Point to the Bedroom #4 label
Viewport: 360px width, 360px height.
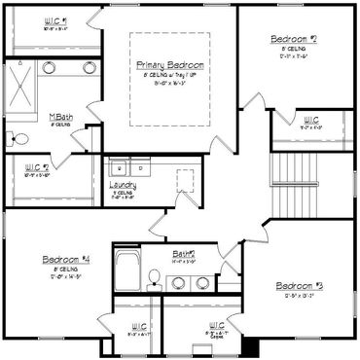[67, 260]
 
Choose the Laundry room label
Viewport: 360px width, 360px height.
[123, 184]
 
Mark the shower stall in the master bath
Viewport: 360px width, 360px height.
[21, 86]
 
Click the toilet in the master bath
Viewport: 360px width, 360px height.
[15, 137]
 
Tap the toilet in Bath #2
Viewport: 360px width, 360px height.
[153, 282]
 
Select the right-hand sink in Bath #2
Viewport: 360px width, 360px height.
[202, 282]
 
